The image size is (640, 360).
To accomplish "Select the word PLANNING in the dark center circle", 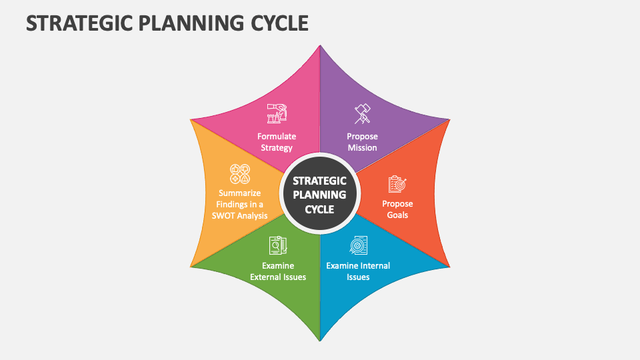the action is [320, 195].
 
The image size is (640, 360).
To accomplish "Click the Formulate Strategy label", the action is [277, 142].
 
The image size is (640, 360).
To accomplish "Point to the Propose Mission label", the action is [362, 142].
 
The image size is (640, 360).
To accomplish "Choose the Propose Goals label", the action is [397, 209].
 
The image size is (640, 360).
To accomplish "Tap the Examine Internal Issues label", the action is [358, 271].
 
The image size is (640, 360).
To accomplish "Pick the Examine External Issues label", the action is [278, 271].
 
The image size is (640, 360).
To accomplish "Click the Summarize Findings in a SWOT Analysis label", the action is [239, 205].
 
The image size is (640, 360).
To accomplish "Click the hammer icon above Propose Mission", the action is [362, 113].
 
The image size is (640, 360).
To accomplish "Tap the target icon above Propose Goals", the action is [397, 184].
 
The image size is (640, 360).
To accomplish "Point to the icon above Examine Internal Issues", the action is [358, 245].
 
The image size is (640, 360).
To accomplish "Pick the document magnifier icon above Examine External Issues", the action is [278, 245].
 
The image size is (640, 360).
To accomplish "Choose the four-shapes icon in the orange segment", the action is [240, 174].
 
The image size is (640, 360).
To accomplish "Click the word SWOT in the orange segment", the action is [224, 215].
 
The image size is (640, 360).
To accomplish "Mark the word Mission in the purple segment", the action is [362, 147].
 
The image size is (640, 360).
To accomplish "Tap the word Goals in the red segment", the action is [397, 215].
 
